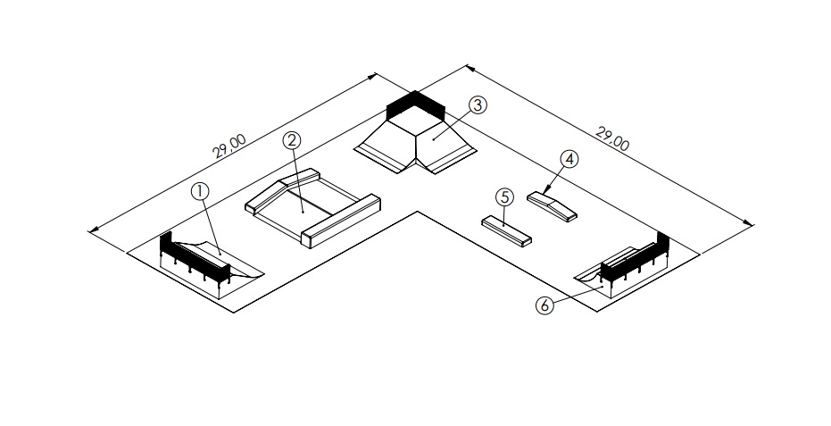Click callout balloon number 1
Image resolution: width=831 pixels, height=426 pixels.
pos(201,190)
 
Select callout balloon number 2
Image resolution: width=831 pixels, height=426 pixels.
pos(292,140)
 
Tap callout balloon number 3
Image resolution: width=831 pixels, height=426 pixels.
pos(478,105)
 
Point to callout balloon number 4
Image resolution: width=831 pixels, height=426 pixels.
pos(569,159)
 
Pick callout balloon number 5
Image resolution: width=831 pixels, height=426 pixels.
pos(504,196)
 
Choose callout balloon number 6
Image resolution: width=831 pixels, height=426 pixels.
pos(544,305)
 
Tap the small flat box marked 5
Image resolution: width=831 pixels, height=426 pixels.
pos(507,230)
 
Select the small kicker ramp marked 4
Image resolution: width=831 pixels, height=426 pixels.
pos(552,205)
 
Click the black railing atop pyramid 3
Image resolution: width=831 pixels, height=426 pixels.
pos(414,104)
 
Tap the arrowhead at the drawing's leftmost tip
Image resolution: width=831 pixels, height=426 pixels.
pos(92,232)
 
